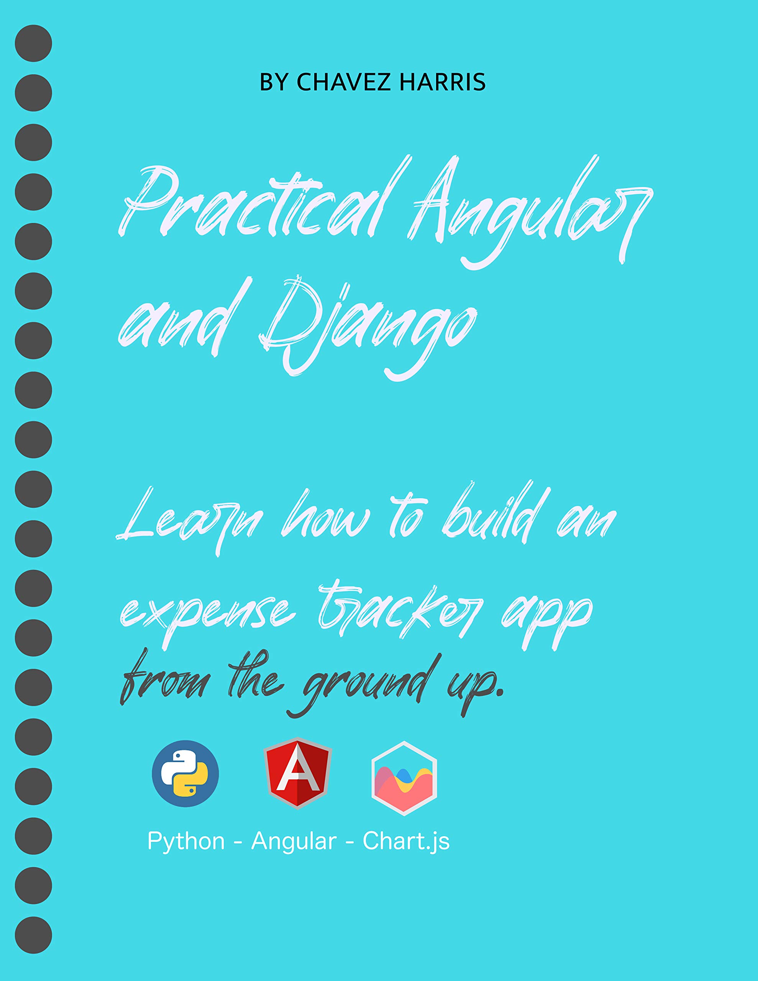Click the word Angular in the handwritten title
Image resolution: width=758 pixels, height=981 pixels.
tap(530, 207)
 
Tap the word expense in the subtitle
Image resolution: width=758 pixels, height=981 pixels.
tap(207, 613)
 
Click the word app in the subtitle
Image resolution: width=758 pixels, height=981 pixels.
tap(546, 618)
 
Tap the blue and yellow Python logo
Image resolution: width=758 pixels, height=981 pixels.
tap(185, 773)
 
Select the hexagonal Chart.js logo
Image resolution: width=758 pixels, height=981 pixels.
tap(404, 778)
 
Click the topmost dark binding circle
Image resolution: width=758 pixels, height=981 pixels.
tap(33, 43)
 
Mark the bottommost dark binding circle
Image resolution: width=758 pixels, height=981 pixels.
tap(33, 935)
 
